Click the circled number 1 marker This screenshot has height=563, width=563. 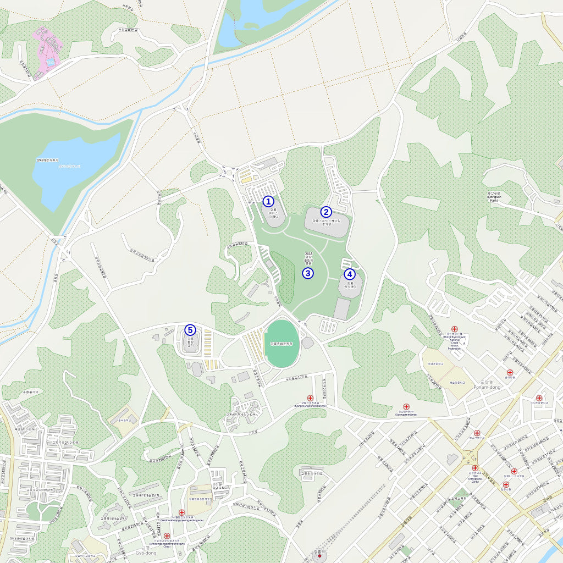(268, 201)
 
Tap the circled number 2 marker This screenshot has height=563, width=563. (326, 212)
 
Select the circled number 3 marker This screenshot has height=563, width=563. (308, 273)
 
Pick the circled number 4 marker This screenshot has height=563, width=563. (350, 274)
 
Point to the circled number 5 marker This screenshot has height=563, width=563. (190, 330)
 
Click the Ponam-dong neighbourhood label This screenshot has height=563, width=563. (486, 387)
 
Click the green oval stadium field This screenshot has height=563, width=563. (282, 344)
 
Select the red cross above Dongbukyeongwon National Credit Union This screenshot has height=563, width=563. (455, 329)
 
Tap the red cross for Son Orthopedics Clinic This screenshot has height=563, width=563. (475, 468)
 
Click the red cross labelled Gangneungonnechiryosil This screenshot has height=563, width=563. (310, 398)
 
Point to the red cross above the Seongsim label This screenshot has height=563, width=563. (406, 407)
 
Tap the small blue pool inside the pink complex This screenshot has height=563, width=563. (51, 63)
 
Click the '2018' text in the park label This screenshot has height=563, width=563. (308, 254)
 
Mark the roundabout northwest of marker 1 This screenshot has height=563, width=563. (227, 173)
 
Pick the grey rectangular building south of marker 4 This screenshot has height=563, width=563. (341, 310)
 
